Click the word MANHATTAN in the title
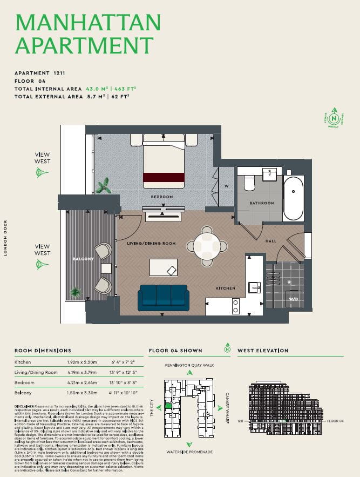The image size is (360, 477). click(x=89, y=22)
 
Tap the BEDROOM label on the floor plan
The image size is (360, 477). click(x=162, y=197)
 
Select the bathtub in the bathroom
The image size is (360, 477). click(x=293, y=198)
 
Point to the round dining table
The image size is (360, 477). click(x=207, y=246)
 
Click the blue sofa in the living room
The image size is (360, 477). click(x=164, y=297)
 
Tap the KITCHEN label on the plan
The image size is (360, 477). click(x=226, y=288)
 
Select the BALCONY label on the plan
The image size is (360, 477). click(x=83, y=259)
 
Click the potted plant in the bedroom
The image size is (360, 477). click(x=104, y=186)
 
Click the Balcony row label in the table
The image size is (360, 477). click(x=23, y=393)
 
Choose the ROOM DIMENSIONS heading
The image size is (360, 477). click(x=43, y=351)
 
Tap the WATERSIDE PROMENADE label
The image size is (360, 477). click(x=189, y=452)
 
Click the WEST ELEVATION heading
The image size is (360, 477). click(x=263, y=351)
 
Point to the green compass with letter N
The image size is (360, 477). click(x=334, y=117)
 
